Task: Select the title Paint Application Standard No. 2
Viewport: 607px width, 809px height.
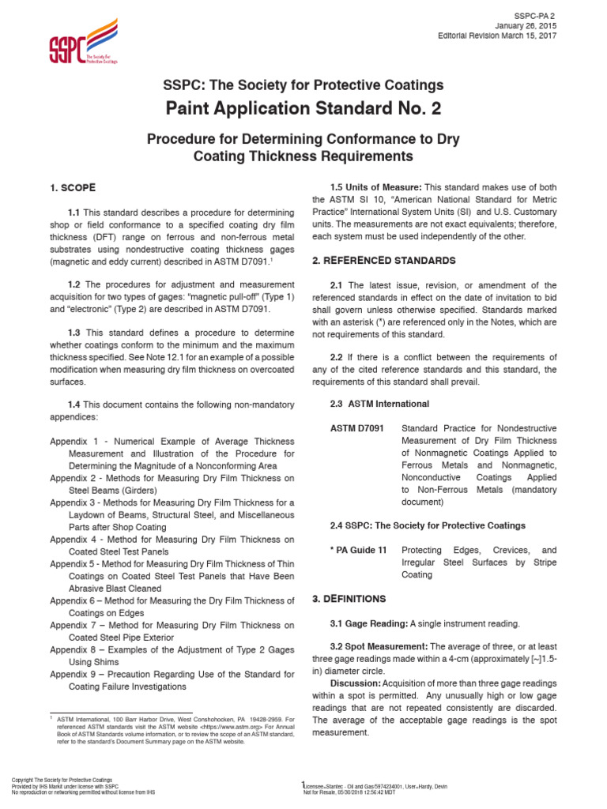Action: [303, 107]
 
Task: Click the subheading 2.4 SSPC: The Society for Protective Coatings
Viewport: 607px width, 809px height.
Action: [427, 525]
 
